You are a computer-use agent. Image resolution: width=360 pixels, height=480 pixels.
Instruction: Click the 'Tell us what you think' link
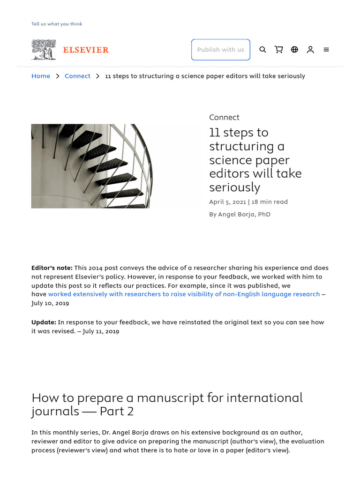click(57, 24)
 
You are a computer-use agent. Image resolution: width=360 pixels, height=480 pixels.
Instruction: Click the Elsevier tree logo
click(44, 50)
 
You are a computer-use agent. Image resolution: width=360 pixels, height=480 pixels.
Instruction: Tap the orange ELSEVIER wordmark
click(86, 50)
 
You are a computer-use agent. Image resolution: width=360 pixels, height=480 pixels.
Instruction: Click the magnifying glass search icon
click(262, 50)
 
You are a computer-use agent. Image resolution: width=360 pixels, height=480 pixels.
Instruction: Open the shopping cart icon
click(278, 50)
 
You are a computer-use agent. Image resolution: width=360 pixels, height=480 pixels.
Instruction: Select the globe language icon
click(294, 50)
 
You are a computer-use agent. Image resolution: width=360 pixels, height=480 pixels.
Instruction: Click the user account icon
click(310, 50)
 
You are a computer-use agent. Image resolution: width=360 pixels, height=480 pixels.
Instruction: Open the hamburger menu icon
click(326, 50)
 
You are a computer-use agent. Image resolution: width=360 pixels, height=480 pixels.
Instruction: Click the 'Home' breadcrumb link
click(41, 76)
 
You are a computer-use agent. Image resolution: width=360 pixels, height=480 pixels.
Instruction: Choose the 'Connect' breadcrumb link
click(77, 76)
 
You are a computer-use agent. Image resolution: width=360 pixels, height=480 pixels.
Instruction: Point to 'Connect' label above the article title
click(224, 117)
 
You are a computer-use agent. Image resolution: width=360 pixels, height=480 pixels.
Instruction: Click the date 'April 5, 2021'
click(227, 202)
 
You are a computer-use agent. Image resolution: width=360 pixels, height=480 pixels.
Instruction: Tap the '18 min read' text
click(270, 202)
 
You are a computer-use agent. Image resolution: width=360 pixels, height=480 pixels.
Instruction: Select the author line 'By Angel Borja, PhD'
click(240, 214)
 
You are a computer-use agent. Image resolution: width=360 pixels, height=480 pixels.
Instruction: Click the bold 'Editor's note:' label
click(52, 268)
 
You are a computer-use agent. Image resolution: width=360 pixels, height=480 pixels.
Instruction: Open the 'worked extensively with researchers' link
click(184, 294)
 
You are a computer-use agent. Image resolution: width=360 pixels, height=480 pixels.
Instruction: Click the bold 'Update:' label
click(44, 322)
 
